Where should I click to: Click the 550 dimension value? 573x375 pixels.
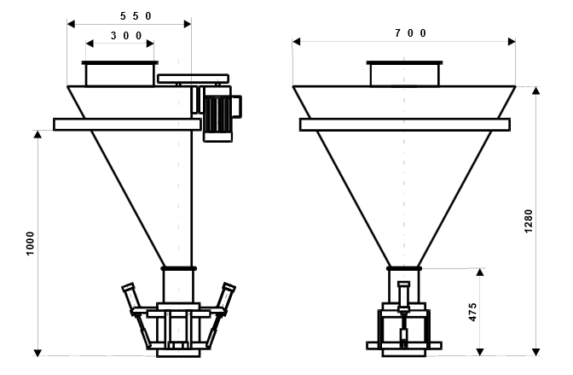[136, 16]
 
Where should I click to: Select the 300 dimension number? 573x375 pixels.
[126, 36]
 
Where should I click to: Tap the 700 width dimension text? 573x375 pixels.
[411, 33]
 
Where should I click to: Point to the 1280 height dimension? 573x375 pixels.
[529, 221]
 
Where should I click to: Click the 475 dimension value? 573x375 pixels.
[472, 312]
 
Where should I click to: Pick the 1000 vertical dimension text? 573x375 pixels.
[30, 243]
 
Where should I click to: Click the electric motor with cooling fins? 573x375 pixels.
[217, 114]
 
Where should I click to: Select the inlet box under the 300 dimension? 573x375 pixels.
[120, 74]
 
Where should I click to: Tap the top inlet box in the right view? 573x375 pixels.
[404, 74]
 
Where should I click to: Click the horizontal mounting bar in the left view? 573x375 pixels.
[127, 125]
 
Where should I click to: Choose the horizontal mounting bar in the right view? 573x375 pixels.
[405, 125]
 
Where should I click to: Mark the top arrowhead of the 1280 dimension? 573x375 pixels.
[535, 91]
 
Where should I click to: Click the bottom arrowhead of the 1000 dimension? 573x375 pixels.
[38, 353]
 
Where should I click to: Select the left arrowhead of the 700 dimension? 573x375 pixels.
[297, 41]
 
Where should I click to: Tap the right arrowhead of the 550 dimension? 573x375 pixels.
[188, 24]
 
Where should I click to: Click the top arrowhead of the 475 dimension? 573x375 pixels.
[480, 272]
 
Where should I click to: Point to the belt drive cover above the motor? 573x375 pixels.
[193, 79]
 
